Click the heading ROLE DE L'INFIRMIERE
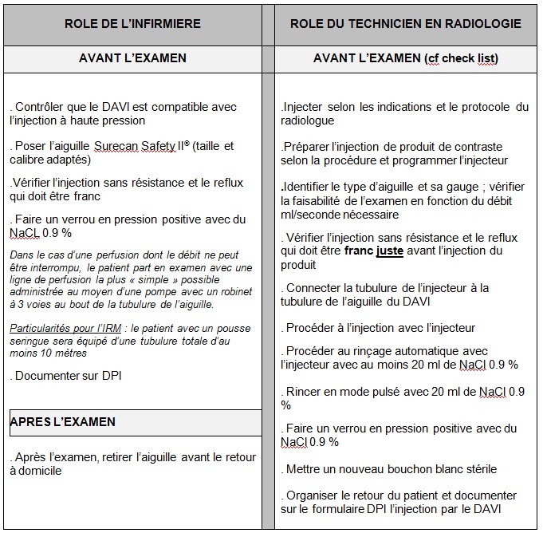132,23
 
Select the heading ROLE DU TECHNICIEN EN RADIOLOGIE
405,23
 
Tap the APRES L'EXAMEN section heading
63,422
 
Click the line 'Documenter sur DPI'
65,375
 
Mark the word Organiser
314,495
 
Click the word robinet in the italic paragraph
236,292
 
